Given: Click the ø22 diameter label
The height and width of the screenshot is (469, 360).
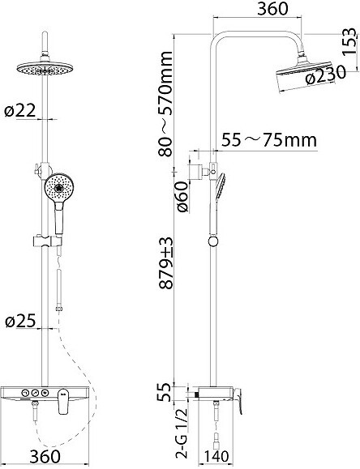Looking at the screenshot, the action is click(x=20, y=111).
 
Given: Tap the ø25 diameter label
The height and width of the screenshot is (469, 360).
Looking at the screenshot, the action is click(x=20, y=321).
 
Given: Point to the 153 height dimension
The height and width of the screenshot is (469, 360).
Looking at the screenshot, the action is click(x=349, y=41).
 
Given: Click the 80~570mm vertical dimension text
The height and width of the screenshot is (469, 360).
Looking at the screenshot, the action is click(x=165, y=104).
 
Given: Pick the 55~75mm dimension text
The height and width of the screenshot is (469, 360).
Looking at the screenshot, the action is click(x=269, y=139).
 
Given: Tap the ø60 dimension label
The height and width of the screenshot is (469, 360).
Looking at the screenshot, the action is click(x=182, y=197).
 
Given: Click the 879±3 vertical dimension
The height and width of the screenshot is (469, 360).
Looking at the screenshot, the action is click(x=166, y=263).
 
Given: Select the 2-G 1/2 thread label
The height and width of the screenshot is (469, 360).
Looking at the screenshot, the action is click(x=182, y=433).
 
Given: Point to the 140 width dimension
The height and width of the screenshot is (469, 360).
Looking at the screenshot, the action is click(x=216, y=456).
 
